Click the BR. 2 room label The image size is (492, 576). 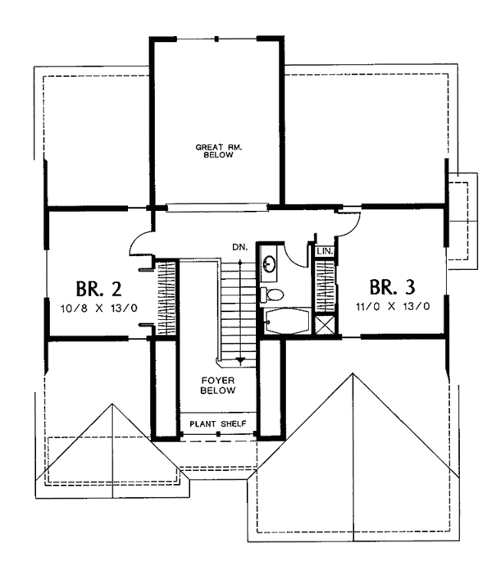(x=98, y=289)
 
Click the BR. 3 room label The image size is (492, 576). (x=392, y=287)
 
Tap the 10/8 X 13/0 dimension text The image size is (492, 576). (x=98, y=308)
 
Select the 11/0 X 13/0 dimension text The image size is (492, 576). (x=393, y=306)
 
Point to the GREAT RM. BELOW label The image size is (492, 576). (x=218, y=151)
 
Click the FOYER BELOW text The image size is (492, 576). (x=218, y=386)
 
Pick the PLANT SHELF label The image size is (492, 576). (x=218, y=424)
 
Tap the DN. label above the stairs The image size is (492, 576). (x=239, y=247)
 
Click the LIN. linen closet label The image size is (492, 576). (x=325, y=252)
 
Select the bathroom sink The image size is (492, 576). (x=270, y=263)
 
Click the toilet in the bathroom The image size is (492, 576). (x=271, y=295)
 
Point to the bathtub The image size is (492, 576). (x=288, y=322)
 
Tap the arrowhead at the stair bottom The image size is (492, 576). (x=240, y=360)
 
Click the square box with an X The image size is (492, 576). (x=325, y=324)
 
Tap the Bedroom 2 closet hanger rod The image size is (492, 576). (x=166, y=299)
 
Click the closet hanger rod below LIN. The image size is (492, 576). (x=325, y=286)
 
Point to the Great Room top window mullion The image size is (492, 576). (x=217, y=39)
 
